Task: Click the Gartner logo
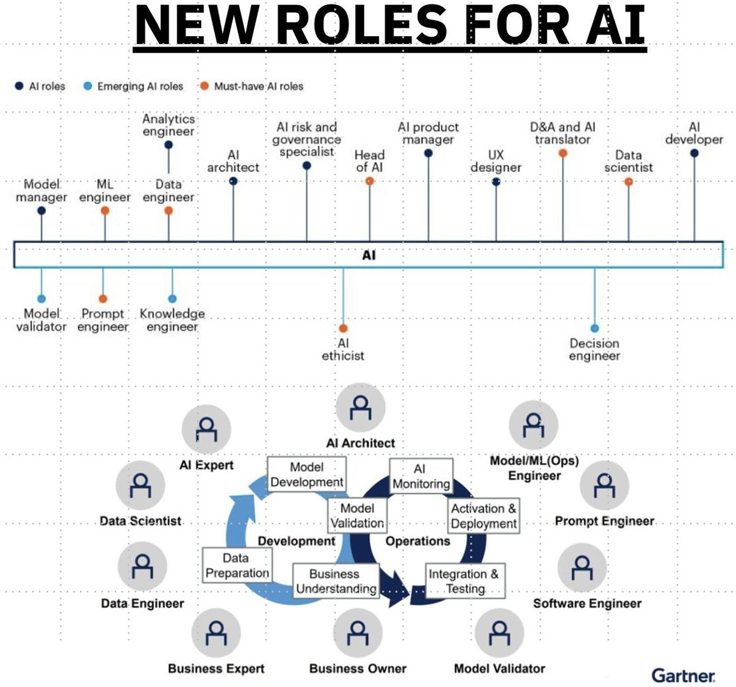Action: click(683, 675)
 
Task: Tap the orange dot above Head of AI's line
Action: click(369, 181)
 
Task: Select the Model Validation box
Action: click(357, 516)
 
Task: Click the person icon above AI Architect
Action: click(361, 408)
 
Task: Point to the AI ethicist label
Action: click(343, 350)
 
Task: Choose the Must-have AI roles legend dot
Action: click(204, 86)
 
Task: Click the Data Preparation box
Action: click(237, 566)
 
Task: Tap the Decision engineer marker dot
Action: click(594, 329)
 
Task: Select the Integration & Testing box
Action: click(465, 581)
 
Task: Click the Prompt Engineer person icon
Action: click(604, 485)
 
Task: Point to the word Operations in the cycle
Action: click(418, 542)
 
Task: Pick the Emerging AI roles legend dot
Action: click(88, 86)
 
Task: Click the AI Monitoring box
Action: click(421, 477)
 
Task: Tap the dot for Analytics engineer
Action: click(169, 145)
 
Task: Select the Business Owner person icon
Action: click(358, 633)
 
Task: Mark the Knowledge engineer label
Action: click(172, 320)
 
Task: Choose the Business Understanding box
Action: click(335, 581)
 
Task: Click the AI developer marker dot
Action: click(694, 153)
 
